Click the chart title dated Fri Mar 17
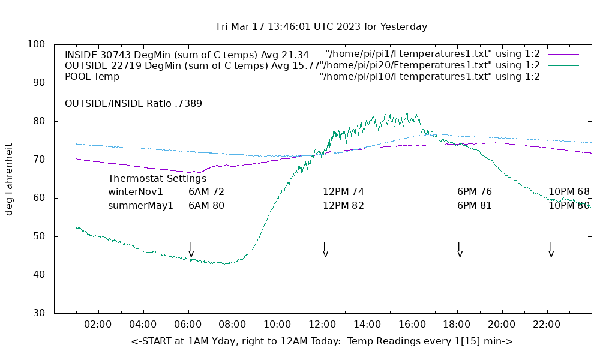[x=322, y=27]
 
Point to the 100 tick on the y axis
[x=37, y=44]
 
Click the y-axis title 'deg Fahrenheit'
[x=9, y=179]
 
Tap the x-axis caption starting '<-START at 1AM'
[x=322, y=341]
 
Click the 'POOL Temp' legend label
[x=92, y=76]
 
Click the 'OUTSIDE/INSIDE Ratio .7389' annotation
[x=133, y=103]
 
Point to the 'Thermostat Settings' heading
[x=157, y=178]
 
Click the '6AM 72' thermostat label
[x=206, y=192]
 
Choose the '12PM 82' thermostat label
[x=343, y=205]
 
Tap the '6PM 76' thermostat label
[x=474, y=192]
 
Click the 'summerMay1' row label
[x=140, y=205]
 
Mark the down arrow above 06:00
[x=191, y=250]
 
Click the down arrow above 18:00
[x=460, y=250]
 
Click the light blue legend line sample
[x=563, y=77]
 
